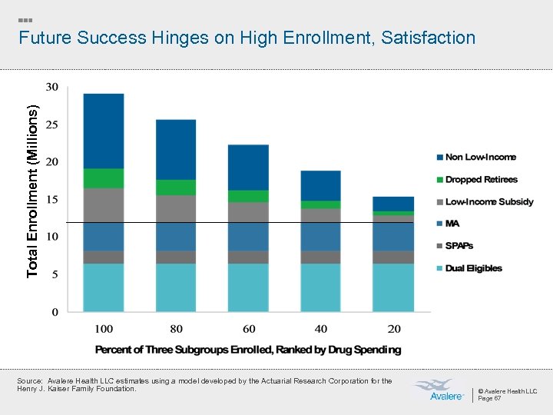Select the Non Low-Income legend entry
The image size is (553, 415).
[480, 157]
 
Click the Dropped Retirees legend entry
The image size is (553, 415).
[481, 179]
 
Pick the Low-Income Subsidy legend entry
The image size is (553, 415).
[488, 201]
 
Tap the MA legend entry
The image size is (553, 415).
[452, 224]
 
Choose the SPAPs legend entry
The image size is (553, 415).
[459, 246]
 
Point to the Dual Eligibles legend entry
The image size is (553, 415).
[473, 268]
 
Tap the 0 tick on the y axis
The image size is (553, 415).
[54, 312]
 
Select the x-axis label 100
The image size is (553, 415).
[104, 329]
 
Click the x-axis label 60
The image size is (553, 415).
[249, 329]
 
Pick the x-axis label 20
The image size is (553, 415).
[393, 329]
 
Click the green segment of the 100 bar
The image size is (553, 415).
[104, 178]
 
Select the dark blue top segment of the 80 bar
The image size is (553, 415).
[176, 149]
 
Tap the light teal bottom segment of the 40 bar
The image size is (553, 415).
[320, 287]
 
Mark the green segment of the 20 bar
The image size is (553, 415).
[393, 213]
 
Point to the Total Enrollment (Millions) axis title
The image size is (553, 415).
[31, 191]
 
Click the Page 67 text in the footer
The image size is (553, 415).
[491, 398]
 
